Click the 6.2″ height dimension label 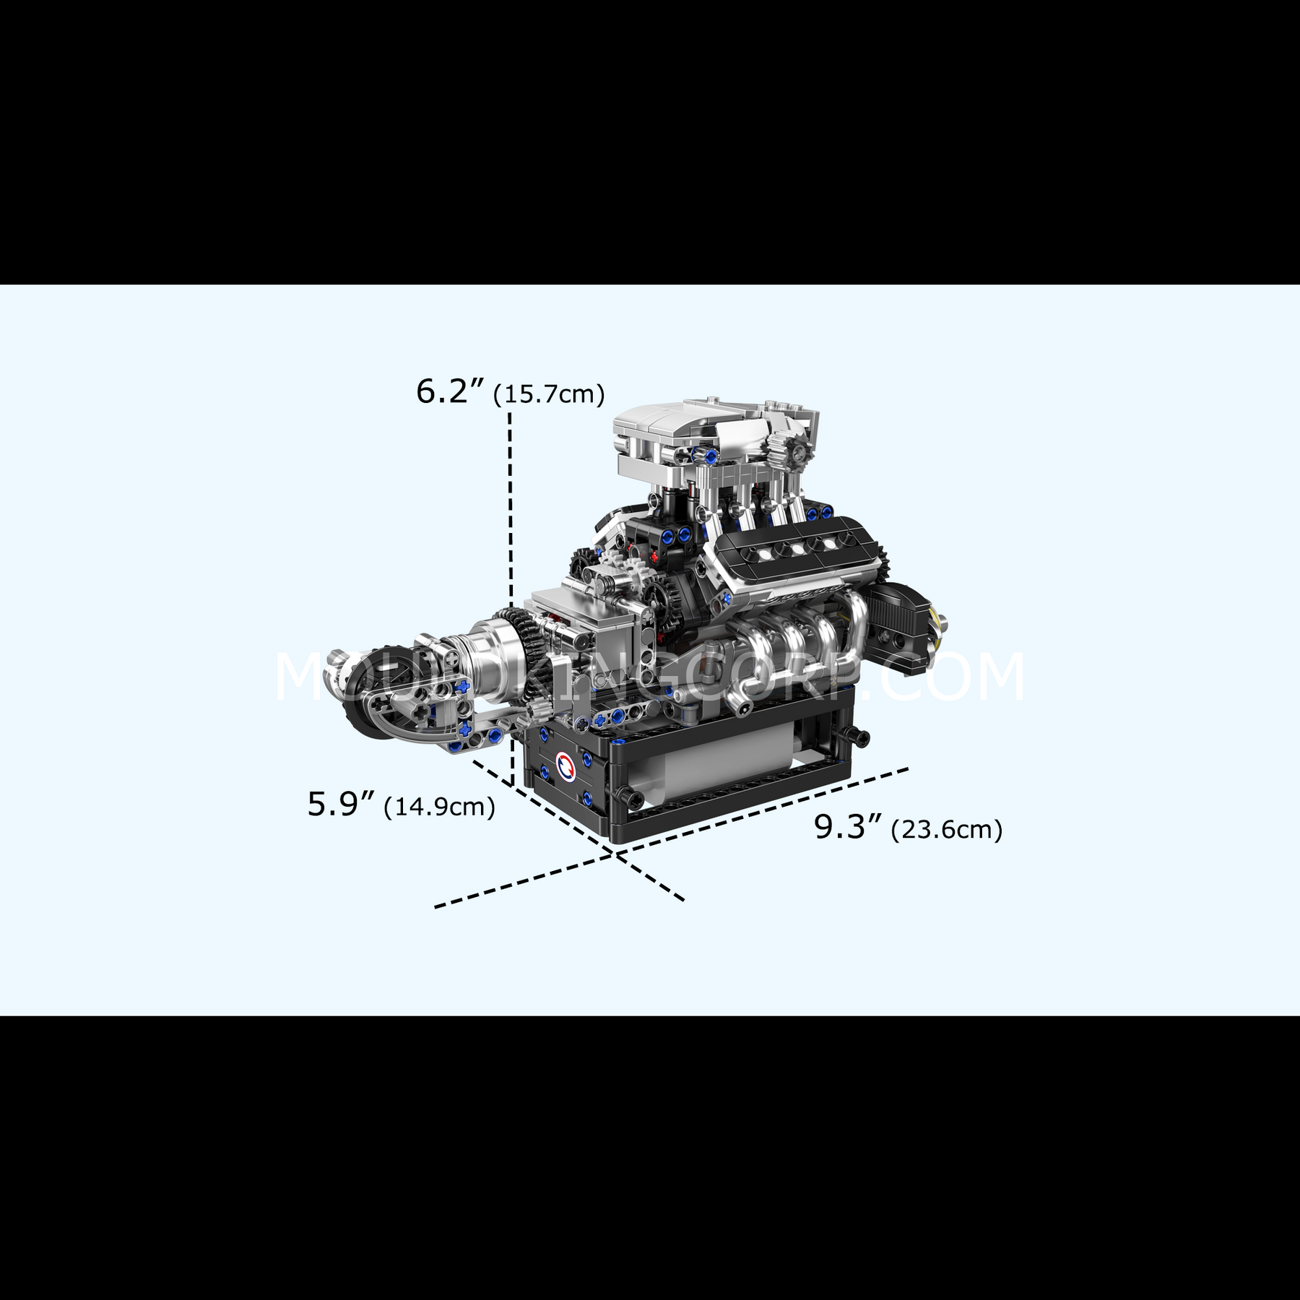[x=448, y=391]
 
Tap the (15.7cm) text [x=548, y=395]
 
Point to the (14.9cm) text [x=439, y=807]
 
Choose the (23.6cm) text [x=947, y=831]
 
